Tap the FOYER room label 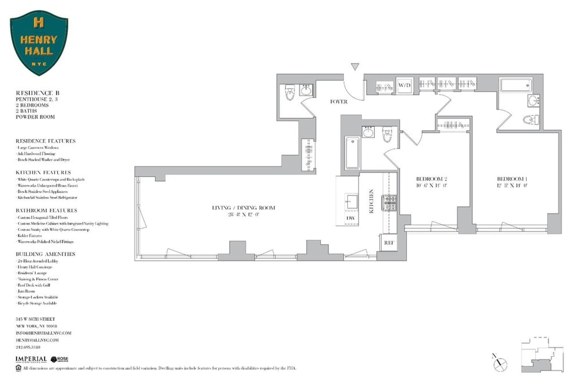339,102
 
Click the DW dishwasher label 351,218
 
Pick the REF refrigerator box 388,242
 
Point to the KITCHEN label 371,201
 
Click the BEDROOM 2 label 431,180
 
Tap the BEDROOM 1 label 510,180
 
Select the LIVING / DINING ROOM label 244,208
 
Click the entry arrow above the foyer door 354,66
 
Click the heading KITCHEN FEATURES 43,172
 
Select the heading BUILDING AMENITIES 45,254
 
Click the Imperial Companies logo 31,359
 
